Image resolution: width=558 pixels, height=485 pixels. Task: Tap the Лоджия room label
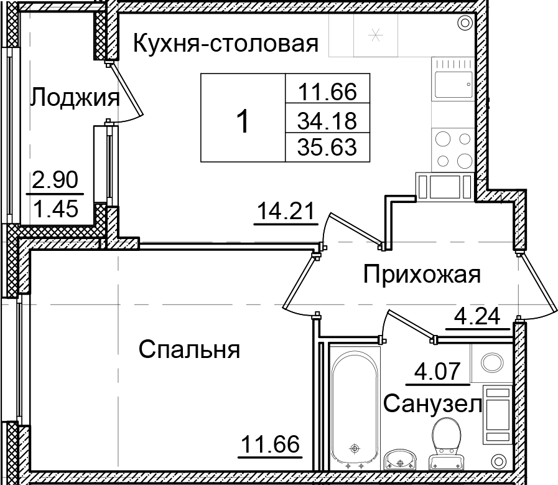[75, 98]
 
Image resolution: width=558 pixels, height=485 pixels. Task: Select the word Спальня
[189, 349]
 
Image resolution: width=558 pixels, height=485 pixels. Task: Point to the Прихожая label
[422, 273]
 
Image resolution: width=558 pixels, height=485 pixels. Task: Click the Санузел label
[433, 405]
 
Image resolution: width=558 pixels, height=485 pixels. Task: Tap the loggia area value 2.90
[55, 182]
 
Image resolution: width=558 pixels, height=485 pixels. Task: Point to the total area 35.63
[327, 148]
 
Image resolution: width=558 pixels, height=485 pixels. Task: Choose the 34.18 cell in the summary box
[327, 118]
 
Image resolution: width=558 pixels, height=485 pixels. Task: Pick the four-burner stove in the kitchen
[452, 149]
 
